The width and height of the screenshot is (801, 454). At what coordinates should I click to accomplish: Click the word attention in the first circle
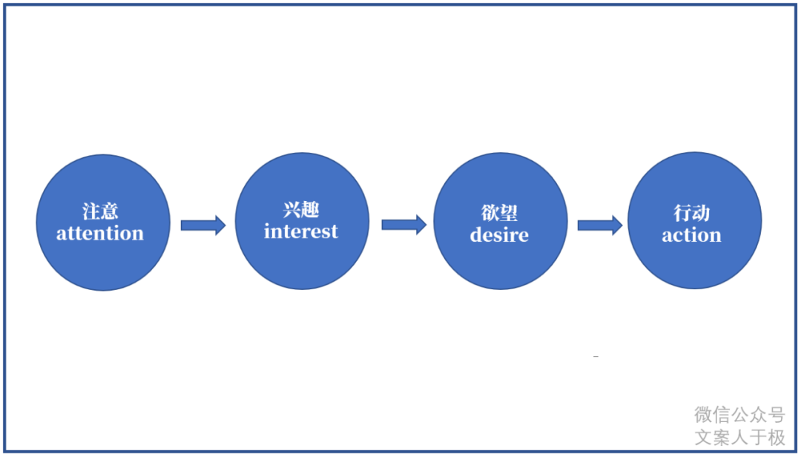pyautogui.click(x=100, y=234)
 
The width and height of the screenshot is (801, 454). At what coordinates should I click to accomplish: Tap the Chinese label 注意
pyautogui.click(x=100, y=211)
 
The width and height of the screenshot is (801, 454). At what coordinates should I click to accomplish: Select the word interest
pyautogui.click(x=301, y=231)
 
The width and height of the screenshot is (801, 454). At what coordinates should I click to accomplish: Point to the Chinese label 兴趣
pyautogui.click(x=301, y=209)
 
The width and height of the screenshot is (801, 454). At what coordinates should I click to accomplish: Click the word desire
pyautogui.click(x=499, y=234)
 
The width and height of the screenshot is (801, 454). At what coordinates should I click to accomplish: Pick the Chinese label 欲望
pyautogui.click(x=499, y=213)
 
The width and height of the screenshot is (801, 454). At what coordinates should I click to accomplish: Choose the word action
pyautogui.click(x=692, y=235)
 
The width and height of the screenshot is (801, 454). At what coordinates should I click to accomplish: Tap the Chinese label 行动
pyautogui.click(x=692, y=213)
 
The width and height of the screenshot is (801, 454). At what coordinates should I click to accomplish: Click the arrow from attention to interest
pyautogui.click(x=203, y=226)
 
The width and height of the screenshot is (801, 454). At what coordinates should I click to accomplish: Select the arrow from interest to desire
pyautogui.click(x=404, y=225)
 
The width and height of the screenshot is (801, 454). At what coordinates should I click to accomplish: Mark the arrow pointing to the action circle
pyautogui.click(x=600, y=226)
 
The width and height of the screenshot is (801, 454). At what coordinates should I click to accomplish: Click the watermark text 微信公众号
pyautogui.click(x=739, y=415)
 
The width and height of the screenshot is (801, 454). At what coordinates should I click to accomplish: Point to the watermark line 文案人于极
pyautogui.click(x=739, y=437)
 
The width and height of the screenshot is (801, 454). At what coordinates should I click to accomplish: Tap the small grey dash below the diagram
pyautogui.click(x=596, y=357)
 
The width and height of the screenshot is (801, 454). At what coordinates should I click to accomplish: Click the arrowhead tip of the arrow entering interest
pyautogui.click(x=225, y=226)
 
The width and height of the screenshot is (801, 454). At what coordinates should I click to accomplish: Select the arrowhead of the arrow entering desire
pyautogui.click(x=421, y=225)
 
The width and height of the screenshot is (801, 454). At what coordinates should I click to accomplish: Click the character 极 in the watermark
pyautogui.click(x=776, y=437)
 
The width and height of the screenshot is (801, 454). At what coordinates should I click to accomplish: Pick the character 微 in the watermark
pyautogui.click(x=703, y=415)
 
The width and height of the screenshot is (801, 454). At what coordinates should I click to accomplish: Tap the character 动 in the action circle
pyautogui.click(x=701, y=213)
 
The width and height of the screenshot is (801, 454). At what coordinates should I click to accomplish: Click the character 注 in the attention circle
pyautogui.click(x=91, y=211)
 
